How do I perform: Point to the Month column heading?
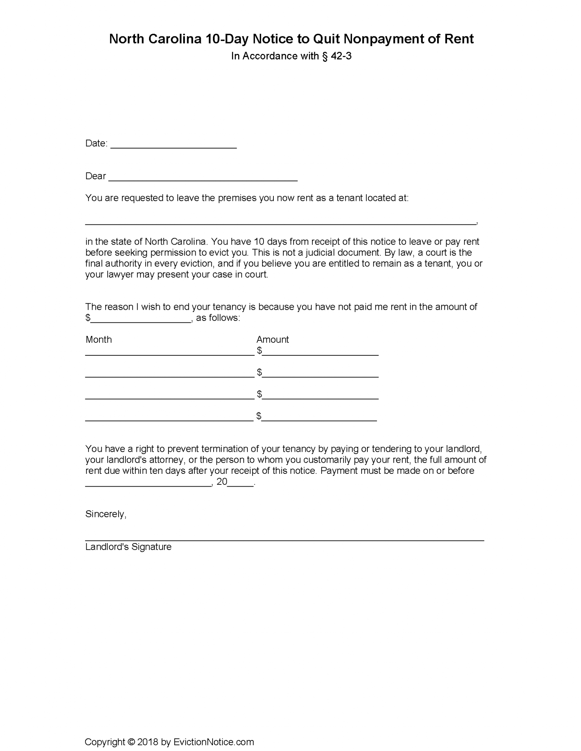tap(98, 340)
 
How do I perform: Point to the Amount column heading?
tap(272, 340)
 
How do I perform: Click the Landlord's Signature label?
tap(128, 547)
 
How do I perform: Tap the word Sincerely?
tap(105, 514)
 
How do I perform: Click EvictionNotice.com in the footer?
tap(214, 742)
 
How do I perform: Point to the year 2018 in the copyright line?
tap(148, 742)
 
